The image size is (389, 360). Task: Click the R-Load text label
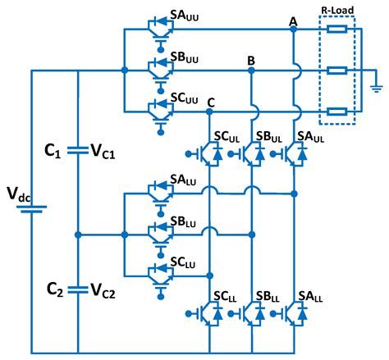coord(338,11)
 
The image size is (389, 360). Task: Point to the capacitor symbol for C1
coord(77,150)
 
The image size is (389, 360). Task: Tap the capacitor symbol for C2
coord(77,288)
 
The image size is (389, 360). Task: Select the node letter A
coord(293,20)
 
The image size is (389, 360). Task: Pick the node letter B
coord(251,61)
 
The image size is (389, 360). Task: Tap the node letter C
coord(211,101)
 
